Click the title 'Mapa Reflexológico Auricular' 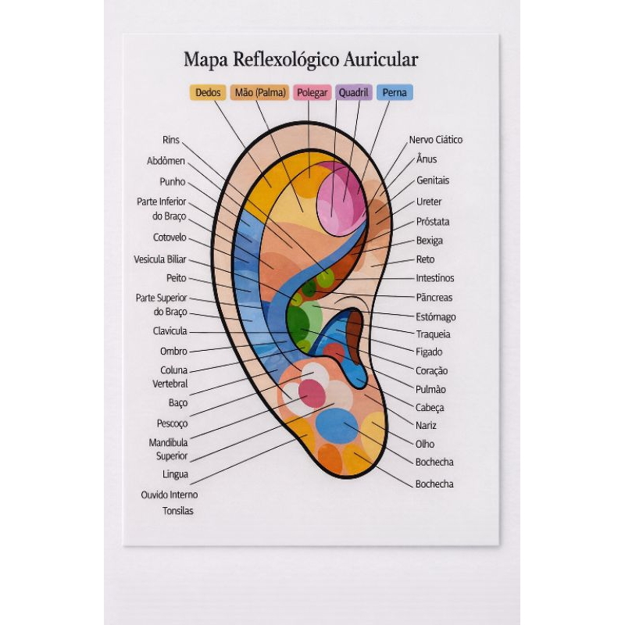(x=301, y=60)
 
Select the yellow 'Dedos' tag (x=208, y=92)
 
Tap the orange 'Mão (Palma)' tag (x=260, y=92)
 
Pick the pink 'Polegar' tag (x=312, y=92)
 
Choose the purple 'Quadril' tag (x=354, y=92)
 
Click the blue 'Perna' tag (x=395, y=92)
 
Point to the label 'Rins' (x=171, y=140)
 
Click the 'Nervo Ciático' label (x=436, y=140)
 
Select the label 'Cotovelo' (x=170, y=237)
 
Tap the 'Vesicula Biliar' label (x=160, y=259)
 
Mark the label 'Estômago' (x=436, y=317)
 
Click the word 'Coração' (x=432, y=371)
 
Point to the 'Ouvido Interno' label (x=170, y=495)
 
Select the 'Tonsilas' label (x=178, y=511)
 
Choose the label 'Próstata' (x=433, y=222)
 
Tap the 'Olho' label (x=425, y=444)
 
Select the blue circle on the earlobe (x=337, y=426)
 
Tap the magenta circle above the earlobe (x=312, y=394)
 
